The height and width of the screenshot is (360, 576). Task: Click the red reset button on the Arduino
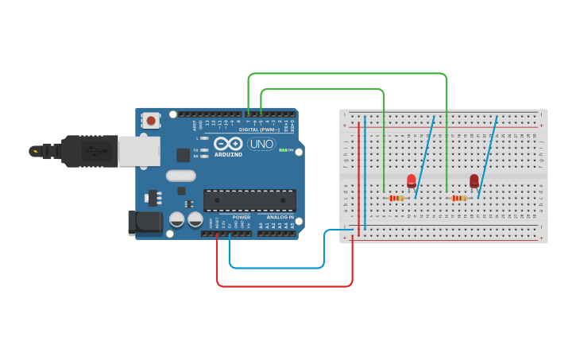tap(150, 121)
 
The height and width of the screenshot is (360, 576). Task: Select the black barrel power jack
tap(145, 223)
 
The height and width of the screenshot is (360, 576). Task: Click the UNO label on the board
tap(261, 144)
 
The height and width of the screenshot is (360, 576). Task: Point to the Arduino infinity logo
tap(227, 144)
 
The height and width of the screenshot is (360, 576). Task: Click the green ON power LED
tap(282, 150)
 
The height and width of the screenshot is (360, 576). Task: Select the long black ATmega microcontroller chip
tap(249, 200)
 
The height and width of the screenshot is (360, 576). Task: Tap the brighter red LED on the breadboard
tap(411, 181)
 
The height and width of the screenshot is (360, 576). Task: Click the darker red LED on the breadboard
tap(474, 182)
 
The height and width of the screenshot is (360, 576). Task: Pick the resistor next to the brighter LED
tap(396, 198)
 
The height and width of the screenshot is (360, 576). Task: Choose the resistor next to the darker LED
tap(459, 198)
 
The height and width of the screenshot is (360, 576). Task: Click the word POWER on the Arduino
tap(242, 217)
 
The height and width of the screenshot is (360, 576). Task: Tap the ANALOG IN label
tap(279, 217)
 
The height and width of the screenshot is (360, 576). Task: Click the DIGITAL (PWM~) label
tap(260, 130)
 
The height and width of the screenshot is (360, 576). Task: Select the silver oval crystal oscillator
tap(180, 176)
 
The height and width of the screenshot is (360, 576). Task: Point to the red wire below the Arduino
tap(284, 285)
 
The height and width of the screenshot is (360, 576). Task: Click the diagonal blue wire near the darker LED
tap(487, 157)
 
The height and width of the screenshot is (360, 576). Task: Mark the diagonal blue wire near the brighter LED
tap(424, 157)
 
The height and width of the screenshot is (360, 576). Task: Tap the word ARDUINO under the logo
tap(227, 154)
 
